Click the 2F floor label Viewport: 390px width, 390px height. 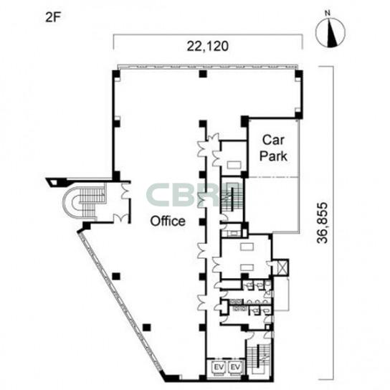53,17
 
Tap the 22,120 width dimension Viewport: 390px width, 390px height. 208,46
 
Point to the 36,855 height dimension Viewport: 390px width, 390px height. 323,223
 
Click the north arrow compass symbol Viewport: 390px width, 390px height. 330,32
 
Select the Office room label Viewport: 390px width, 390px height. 168,221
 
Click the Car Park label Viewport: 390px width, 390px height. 273,148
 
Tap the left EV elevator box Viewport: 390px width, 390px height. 219,367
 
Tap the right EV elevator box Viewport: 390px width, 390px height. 235,367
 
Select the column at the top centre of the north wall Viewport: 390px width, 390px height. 203,74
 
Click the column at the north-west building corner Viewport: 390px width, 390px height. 116,75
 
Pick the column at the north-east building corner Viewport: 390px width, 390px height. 299,74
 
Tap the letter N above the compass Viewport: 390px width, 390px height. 328,13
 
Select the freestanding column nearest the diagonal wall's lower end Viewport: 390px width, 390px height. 147,328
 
